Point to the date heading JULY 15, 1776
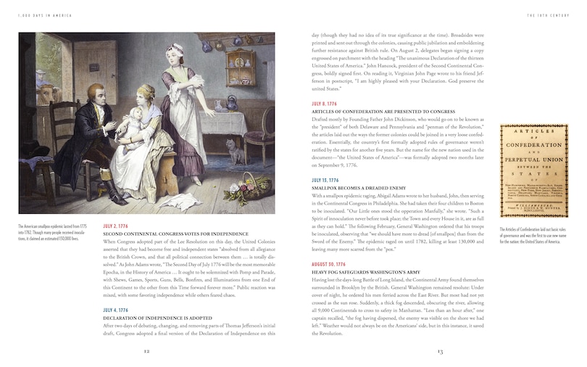click(x=328, y=179)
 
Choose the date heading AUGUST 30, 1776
click(x=330, y=264)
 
